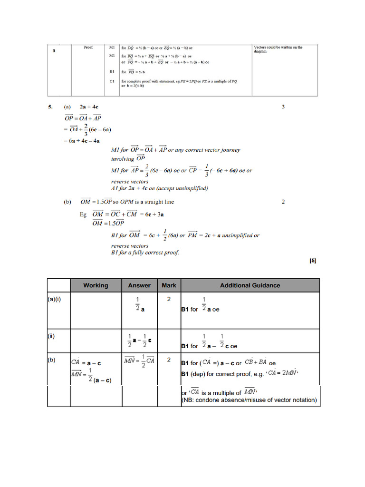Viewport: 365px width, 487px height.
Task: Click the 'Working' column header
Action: (x=96, y=285)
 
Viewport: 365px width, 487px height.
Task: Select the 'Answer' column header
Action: (x=139, y=285)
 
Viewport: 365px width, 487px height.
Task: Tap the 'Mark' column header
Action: (x=169, y=285)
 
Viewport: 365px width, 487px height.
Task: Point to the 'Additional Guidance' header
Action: (x=250, y=285)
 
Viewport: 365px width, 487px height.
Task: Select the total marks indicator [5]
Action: (x=313, y=261)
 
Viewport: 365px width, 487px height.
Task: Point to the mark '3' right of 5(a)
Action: (x=283, y=107)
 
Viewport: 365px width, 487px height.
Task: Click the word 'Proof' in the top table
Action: (x=88, y=48)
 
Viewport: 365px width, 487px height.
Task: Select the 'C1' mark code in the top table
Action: (x=112, y=81)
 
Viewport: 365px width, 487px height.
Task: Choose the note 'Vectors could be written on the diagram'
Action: (x=278, y=49)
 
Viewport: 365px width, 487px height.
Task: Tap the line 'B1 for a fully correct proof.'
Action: (x=145, y=252)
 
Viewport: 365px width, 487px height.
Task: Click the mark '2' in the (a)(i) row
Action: (x=169, y=299)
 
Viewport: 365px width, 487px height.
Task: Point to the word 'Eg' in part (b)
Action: (x=83, y=214)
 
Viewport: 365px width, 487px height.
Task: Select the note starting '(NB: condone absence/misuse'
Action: (x=249, y=400)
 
